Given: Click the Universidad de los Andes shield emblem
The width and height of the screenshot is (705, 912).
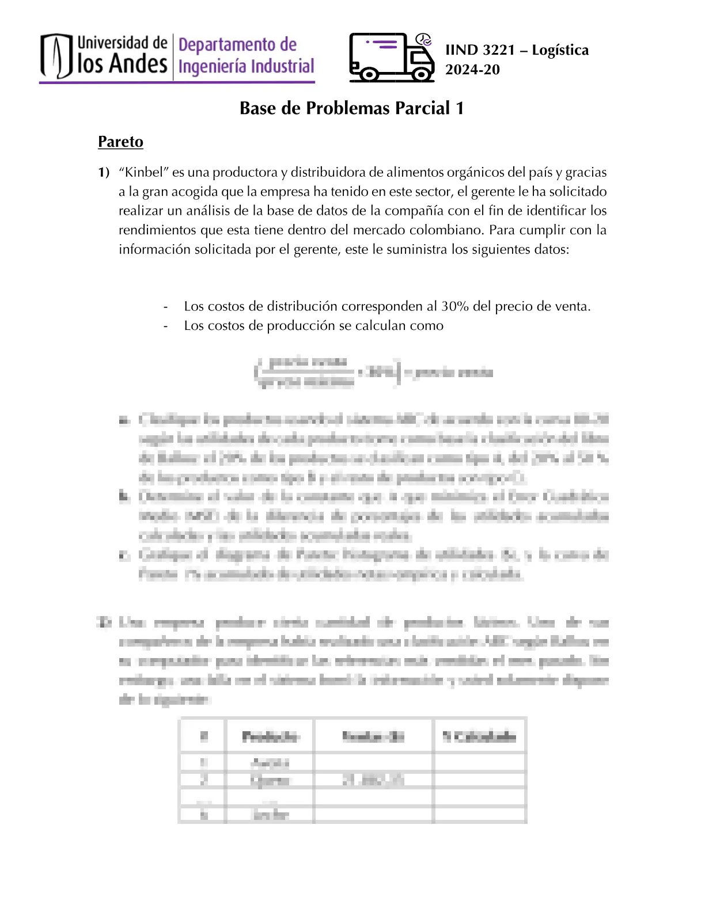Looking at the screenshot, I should (x=56, y=56).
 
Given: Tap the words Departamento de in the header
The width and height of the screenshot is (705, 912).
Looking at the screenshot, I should (x=237, y=44).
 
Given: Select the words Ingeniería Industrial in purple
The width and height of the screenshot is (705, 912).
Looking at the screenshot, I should (x=247, y=66).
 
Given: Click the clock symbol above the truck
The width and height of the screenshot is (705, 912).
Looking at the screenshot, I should (x=424, y=39).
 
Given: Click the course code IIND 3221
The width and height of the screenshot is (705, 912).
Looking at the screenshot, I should (x=480, y=50).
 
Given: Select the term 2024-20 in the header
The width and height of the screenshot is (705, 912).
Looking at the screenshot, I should (x=472, y=70).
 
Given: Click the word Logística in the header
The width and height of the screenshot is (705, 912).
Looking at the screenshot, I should (x=560, y=50).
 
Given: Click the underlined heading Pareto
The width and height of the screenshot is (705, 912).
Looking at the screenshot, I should (x=120, y=142).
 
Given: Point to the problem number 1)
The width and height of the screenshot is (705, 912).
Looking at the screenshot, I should (x=104, y=172).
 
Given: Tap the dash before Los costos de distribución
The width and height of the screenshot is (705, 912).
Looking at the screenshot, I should (x=166, y=306).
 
